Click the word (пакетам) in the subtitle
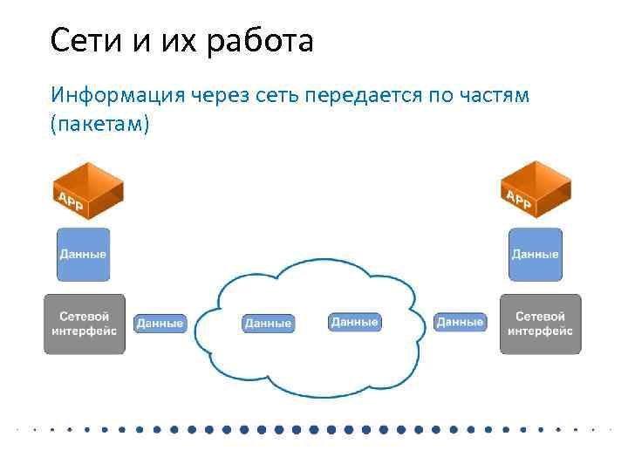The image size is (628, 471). point(100,125)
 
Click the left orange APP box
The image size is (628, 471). point(85,191)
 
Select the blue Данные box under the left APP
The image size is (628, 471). point(84,255)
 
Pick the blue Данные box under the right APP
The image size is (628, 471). point(536,255)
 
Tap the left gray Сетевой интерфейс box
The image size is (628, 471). point(84,324)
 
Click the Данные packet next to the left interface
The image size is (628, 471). point(160,324)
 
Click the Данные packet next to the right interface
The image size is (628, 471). point(460,323)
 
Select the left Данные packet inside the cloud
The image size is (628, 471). point(268,324)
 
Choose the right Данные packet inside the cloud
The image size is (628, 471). point(355,323)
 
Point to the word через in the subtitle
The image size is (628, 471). point(225,94)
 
